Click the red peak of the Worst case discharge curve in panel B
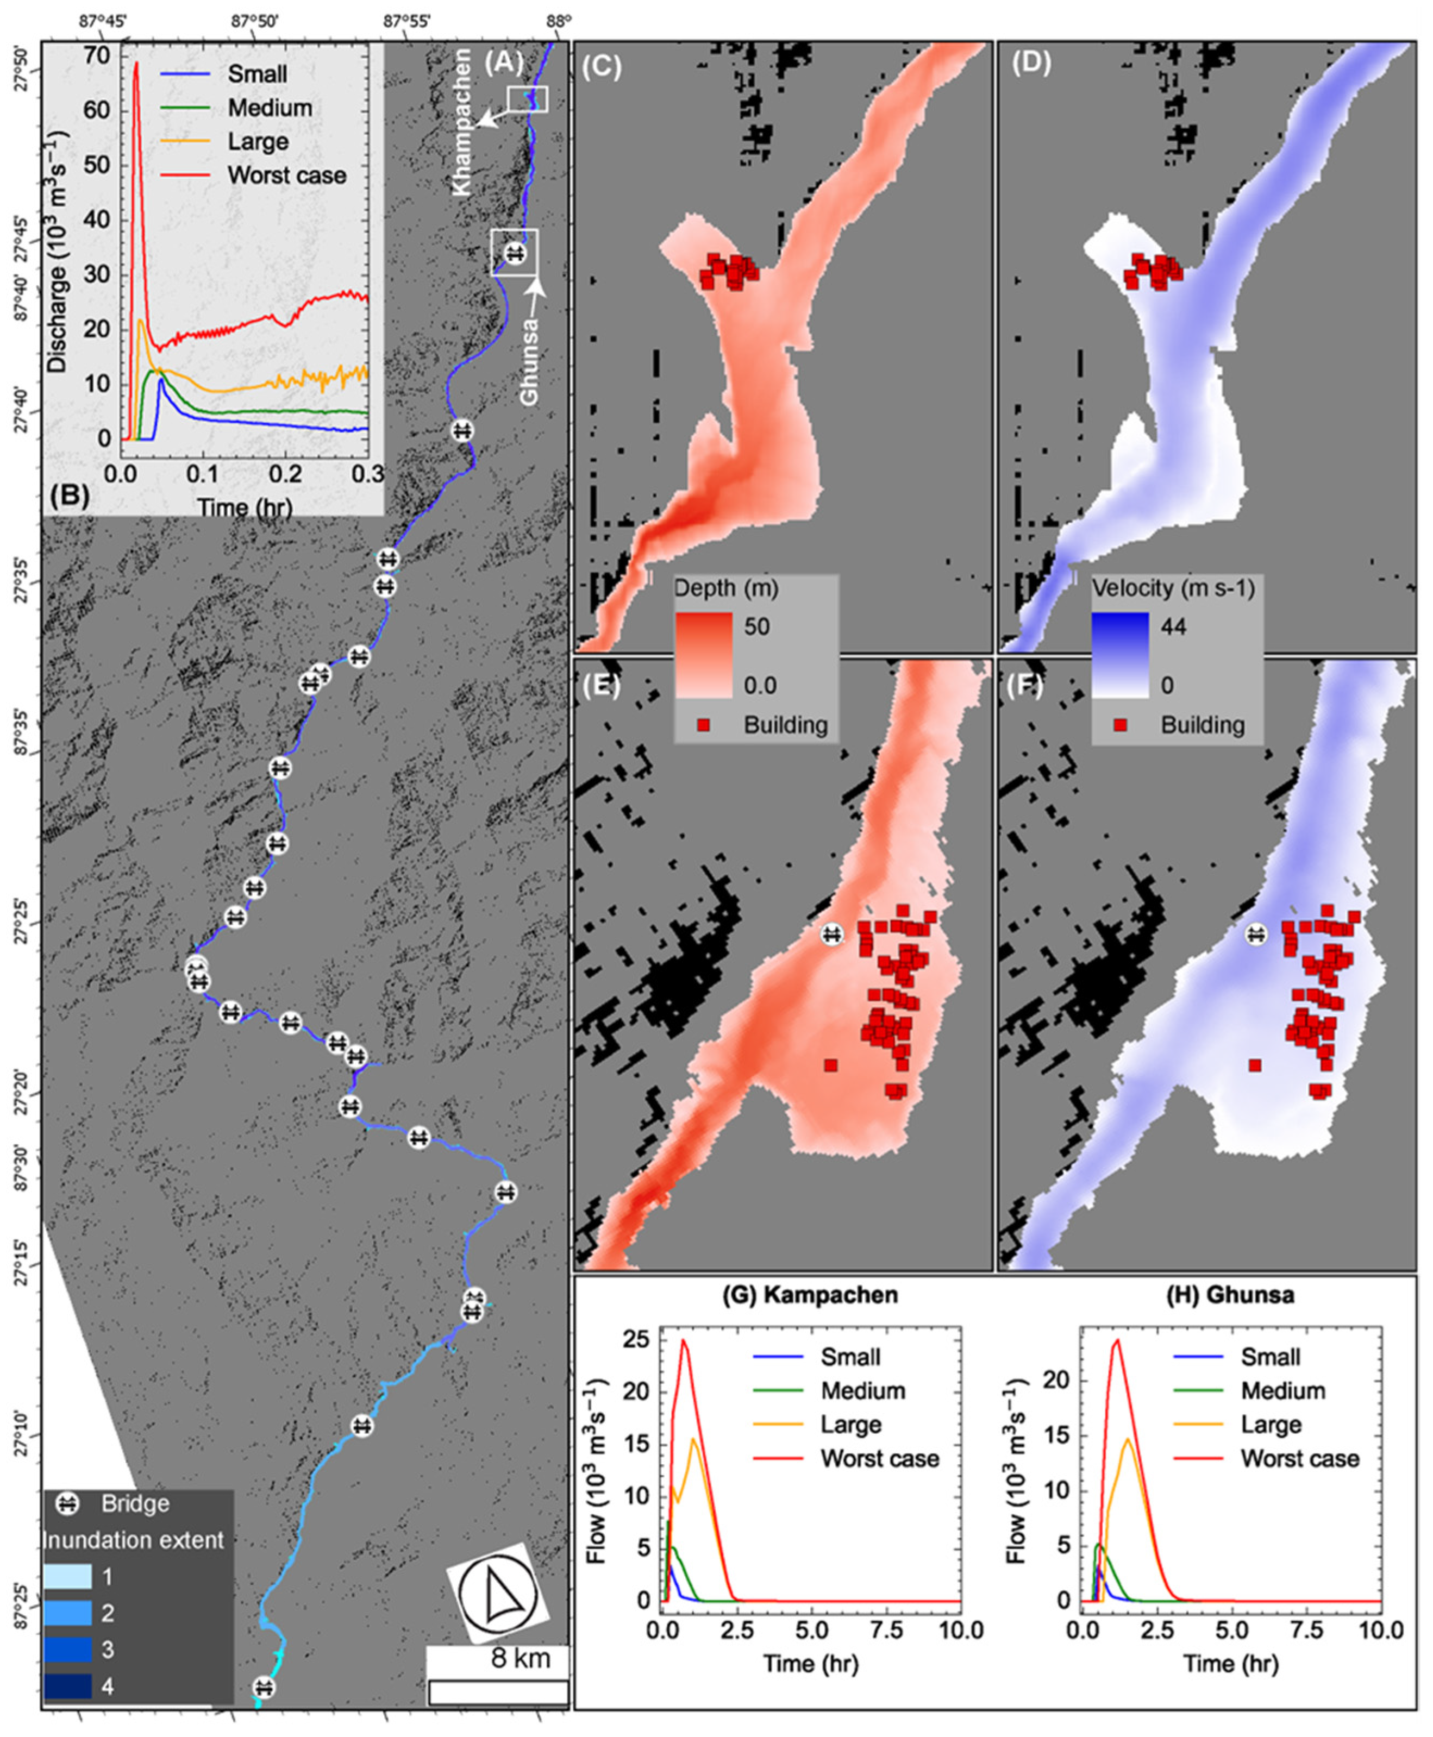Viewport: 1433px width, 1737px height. click(137, 62)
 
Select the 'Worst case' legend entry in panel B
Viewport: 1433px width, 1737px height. click(286, 175)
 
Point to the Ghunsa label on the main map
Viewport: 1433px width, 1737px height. click(529, 363)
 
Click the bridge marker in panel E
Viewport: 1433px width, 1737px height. click(832, 934)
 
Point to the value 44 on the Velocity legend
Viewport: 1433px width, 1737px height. click(1173, 626)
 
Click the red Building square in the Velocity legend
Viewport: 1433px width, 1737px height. click(1121, 725)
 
